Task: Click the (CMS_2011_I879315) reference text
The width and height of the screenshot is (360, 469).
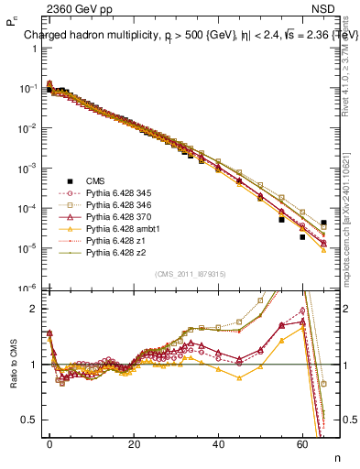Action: (191, 273)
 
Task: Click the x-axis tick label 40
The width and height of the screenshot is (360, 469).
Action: (219, 443)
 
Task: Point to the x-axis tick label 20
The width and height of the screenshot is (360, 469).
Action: (135, 443)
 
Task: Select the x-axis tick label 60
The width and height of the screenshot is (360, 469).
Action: (303, 443)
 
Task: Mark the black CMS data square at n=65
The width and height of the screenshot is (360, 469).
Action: (324, 223)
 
